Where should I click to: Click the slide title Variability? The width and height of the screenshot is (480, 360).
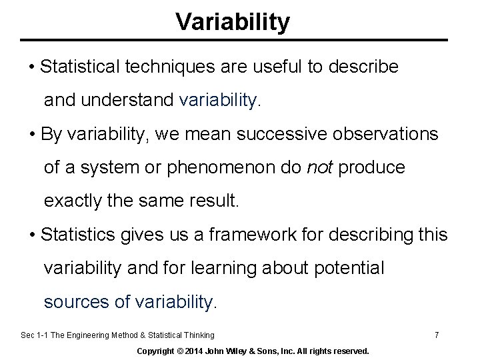point(233,22)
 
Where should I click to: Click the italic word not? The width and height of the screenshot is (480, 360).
point(320,167)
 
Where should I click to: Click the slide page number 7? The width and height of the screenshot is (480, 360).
point(436,335)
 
